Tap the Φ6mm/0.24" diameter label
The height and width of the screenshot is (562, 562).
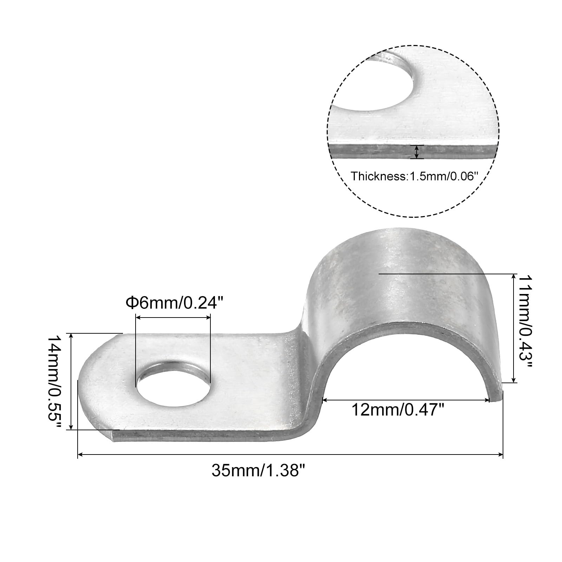coord(175,302)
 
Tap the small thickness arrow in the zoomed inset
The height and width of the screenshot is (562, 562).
coord(417,152)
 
